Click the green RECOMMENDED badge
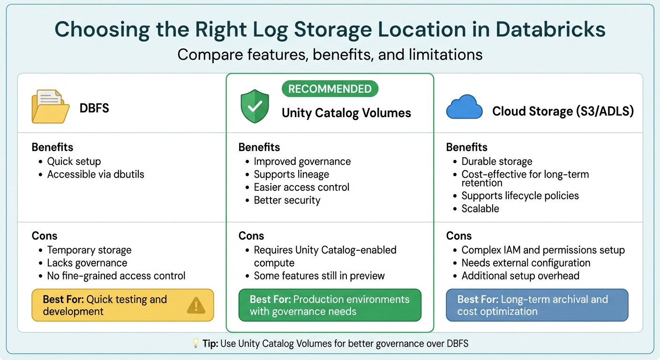tap(330, 89)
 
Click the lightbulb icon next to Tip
tap(196, 344)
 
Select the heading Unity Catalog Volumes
tap(346, 112)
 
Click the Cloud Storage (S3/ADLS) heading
tap(563, 112)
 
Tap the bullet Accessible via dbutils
tap(96, 174)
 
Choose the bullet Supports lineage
tap(291, 174)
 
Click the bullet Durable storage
tap(497, 162)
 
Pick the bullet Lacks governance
tap(87, 263)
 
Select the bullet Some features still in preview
tap(319, 276)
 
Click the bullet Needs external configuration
tap(525, 263)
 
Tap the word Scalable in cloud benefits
tap(480, 209)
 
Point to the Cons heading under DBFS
tap(45, 236)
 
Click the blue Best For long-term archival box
tap(537, 305)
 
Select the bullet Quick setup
tap(74, 162)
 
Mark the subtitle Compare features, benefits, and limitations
tap(330, 54)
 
